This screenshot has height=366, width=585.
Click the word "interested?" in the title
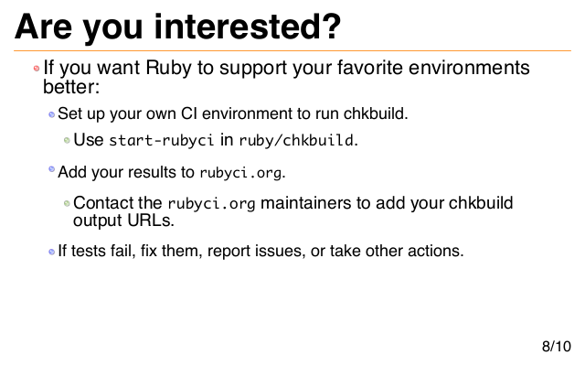point(248,27)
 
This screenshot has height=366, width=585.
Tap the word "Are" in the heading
point(43,27)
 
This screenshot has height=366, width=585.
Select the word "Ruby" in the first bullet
point(168,69)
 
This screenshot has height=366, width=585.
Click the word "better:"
point(71,87)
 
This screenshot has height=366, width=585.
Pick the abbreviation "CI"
point(189,113)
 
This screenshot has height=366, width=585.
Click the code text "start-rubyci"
point(161,140)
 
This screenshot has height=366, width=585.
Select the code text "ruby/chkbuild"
point(296,140)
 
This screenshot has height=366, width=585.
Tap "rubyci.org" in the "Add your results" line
point(240,173)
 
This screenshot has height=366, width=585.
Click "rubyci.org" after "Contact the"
point(211,204)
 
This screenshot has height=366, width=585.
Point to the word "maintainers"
point(305,203)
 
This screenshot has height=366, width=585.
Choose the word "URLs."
point(151,221)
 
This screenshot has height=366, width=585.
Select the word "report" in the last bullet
point(229,251)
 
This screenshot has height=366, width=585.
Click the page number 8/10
point(557,346)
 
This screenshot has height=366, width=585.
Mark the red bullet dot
point(37,69)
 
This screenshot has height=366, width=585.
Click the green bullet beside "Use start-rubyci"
point(67,140)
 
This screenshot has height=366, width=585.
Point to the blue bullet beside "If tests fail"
point(51,252)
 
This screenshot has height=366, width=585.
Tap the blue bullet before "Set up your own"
point(51,114)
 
